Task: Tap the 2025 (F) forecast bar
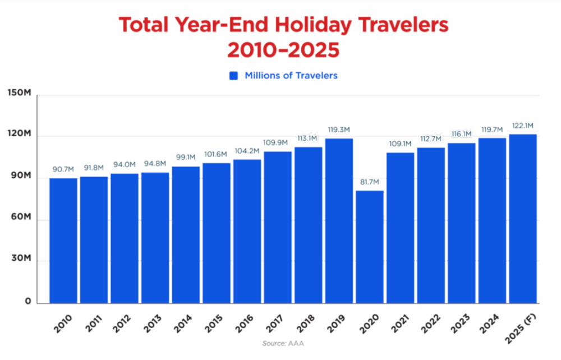click(x=523, y=219)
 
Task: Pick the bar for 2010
click(x=63, y=241)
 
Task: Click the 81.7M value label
click(x=370, y=182)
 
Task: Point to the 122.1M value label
click(x=523, y=126)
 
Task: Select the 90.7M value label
click(x=63, y=169)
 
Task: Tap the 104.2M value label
click(x=247, y=151)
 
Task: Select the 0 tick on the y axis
click(x=26, y=303)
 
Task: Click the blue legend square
click(x=234, y=76)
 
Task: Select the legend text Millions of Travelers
click(x=291, y=76)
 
